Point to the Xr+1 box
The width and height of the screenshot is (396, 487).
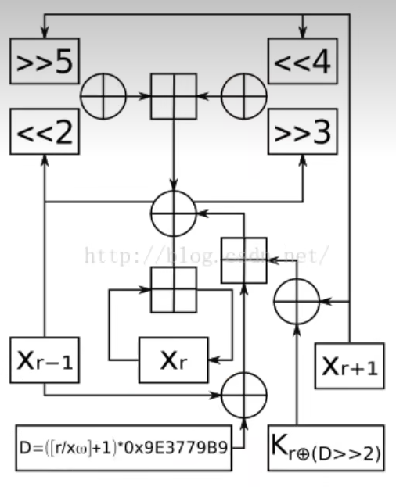(349, 365)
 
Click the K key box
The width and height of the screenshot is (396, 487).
(326, 448)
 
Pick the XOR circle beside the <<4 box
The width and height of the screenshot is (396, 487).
(243, 96)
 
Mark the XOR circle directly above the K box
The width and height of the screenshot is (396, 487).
(296, 300)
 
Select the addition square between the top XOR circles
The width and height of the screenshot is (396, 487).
(173, 96)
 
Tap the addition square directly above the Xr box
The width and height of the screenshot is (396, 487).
(173, 288)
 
